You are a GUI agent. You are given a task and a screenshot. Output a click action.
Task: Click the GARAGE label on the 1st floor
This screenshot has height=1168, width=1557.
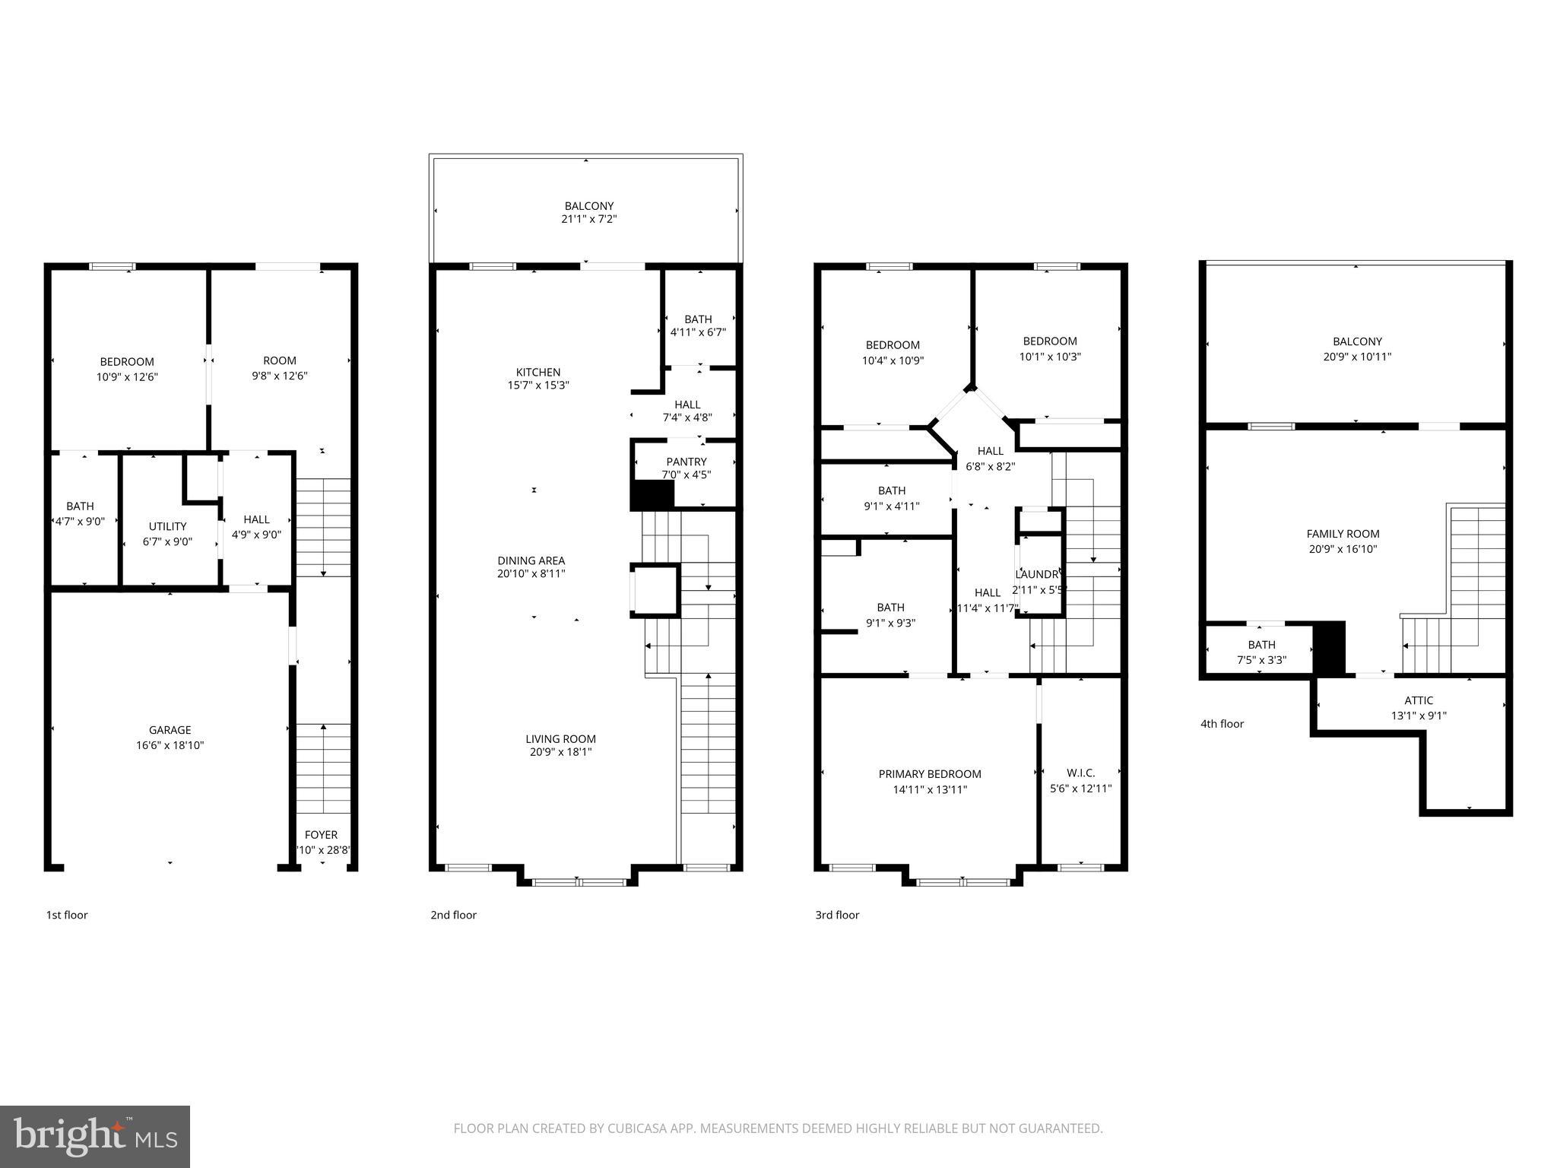[x=170, y=730]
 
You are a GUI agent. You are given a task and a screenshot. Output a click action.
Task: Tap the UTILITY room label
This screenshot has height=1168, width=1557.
[x=167, y=526]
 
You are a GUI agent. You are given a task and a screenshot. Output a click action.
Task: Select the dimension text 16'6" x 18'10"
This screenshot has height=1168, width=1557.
[x=170, y=745]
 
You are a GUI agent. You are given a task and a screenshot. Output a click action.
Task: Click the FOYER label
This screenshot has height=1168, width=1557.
[x=321, y=835]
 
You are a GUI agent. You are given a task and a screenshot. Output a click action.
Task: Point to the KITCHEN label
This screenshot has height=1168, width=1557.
[x=538, y=372]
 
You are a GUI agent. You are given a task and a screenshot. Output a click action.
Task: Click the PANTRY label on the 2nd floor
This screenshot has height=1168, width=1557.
[x=687, y=462]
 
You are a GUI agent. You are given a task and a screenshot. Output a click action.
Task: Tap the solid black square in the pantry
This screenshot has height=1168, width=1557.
[x=652, y=495]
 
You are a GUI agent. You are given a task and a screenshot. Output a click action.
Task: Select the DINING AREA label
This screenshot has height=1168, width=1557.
[x=531, y=560]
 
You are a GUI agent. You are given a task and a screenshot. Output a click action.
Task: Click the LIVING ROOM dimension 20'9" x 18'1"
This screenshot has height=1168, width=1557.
[x=561, y=752]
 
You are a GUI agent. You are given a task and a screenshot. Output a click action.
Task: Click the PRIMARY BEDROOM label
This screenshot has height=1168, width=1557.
[x=930, y=774]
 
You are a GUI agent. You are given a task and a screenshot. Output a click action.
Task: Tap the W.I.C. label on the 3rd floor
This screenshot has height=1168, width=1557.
[x=1080, y=773]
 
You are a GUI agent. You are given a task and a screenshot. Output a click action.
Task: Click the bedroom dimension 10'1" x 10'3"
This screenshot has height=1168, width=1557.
[x=1050, y=356]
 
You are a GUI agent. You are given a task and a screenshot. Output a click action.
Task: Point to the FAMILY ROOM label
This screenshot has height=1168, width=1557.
[x=1343, y=534]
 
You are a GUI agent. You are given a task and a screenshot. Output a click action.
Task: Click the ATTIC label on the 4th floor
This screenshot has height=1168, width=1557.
[x=1419, y=700]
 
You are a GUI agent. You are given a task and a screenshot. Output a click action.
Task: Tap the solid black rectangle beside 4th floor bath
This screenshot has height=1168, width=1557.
[x=1330, y=648]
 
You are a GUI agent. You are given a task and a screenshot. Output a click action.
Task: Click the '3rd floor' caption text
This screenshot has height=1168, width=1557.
[x=837, y=915]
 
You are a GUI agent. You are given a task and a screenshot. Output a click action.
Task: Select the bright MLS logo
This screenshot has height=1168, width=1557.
[x=95, y=1137]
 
